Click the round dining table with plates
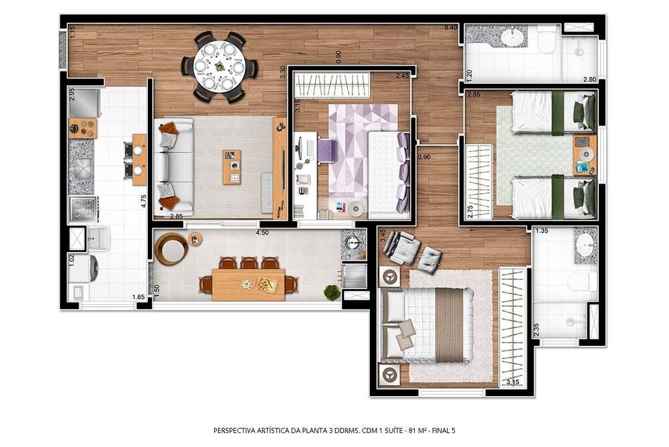[219, 67]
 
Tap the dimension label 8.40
[451, 27]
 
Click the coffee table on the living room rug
[232, 167]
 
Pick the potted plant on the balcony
[331, 292]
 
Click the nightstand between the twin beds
[584, 154]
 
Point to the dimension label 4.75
[143, 201]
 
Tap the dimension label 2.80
[589, 79]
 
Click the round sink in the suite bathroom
[586, 245]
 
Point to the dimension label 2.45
[401, 75]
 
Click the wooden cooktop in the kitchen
[83, 127]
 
